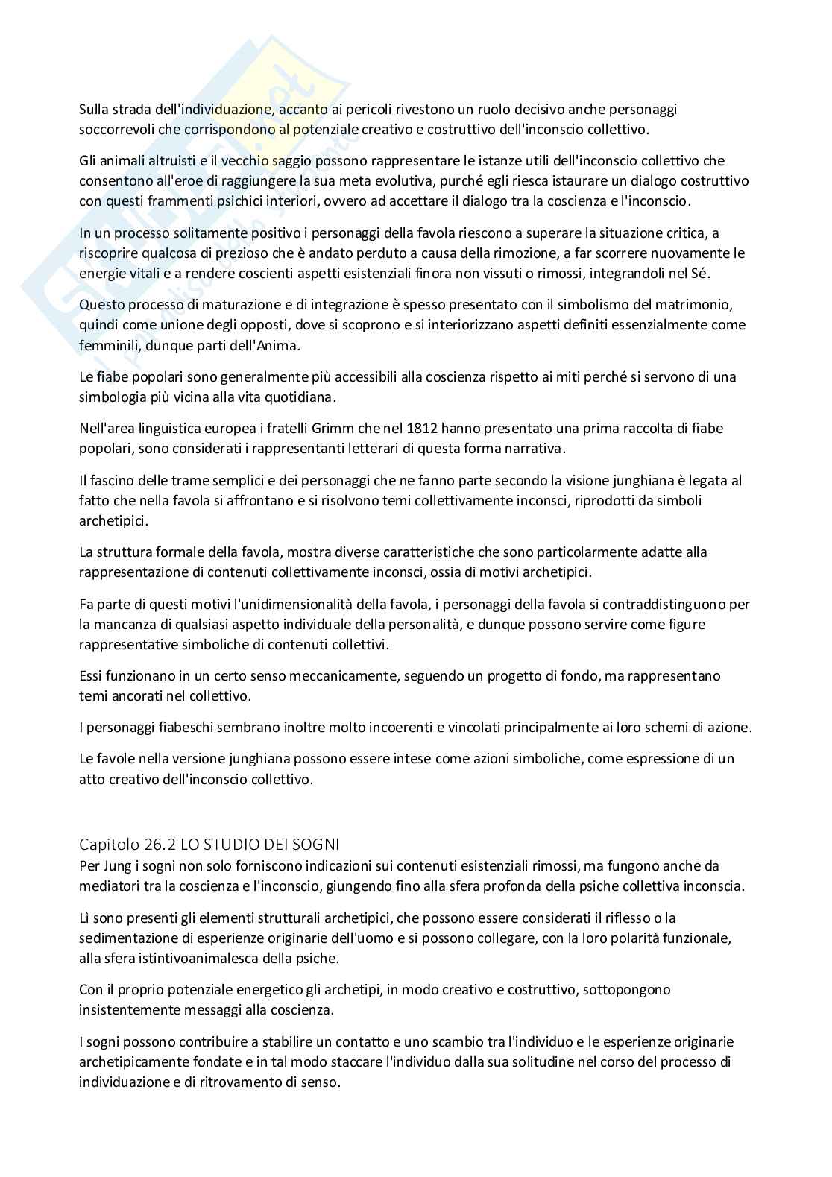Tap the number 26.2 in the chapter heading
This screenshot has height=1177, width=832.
coord(154,845)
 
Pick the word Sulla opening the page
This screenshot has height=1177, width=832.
coord(95,109)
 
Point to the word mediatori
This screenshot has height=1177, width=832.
coord(110,886)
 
